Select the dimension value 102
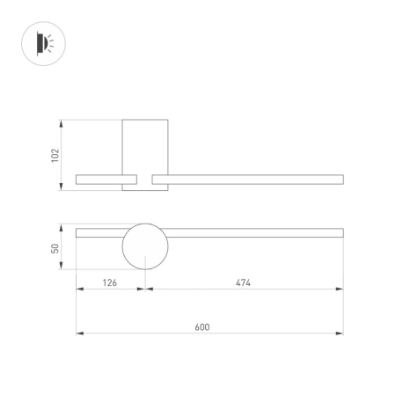point(55,154)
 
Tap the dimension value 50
point(55,249)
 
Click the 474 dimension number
point(244,282)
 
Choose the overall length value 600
point(202,326)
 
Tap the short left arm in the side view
point(99,180)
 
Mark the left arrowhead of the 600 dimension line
point(79,334)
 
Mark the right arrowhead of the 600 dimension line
point(341,334)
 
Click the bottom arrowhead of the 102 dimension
point(62,188)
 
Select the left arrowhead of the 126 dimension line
point(79,290)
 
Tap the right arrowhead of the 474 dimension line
point(341,290)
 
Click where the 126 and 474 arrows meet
point(145,290)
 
